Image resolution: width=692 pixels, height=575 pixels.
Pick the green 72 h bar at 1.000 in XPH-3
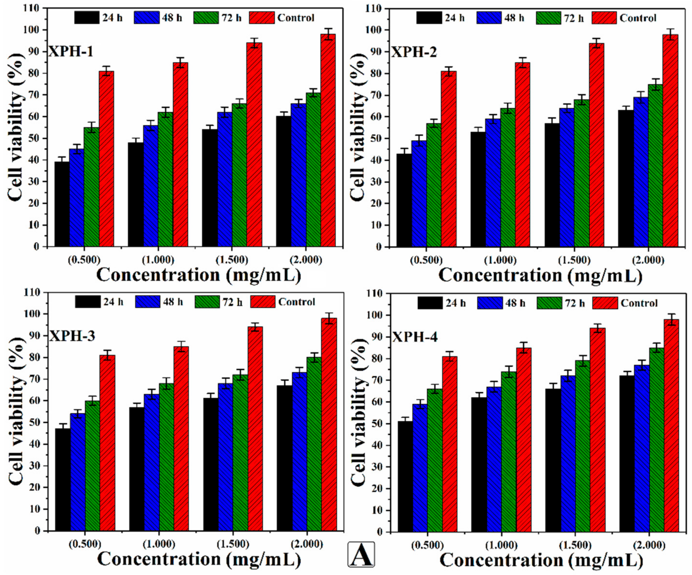[x=166, y=458]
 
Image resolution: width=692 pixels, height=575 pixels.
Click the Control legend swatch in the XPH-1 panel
[x=261, y=17]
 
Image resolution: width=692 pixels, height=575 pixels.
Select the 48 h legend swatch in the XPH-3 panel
[x=147, y=302]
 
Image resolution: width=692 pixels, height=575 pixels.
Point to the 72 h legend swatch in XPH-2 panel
[x=548, y=18]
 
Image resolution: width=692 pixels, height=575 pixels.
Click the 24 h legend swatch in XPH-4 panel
[x=430, y=303]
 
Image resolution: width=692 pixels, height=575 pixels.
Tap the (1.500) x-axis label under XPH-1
[x=232, y=260]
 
